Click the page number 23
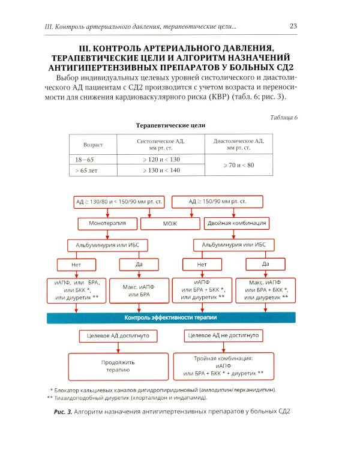[293, 26]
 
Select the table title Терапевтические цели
[170, 126]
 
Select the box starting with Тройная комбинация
[223, 366]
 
